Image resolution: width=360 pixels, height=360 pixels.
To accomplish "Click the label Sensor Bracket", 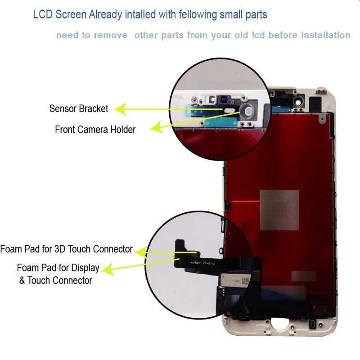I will [x=79, y=109].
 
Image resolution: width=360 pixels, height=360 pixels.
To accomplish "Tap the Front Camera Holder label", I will [x=95, y=130].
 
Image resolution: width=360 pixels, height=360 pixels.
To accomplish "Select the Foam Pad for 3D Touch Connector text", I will [x=67, y=249].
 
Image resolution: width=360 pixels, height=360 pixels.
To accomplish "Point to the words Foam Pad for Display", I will [x=58, y=268].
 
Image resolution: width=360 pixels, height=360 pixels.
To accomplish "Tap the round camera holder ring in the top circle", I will [x=247, y=112].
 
